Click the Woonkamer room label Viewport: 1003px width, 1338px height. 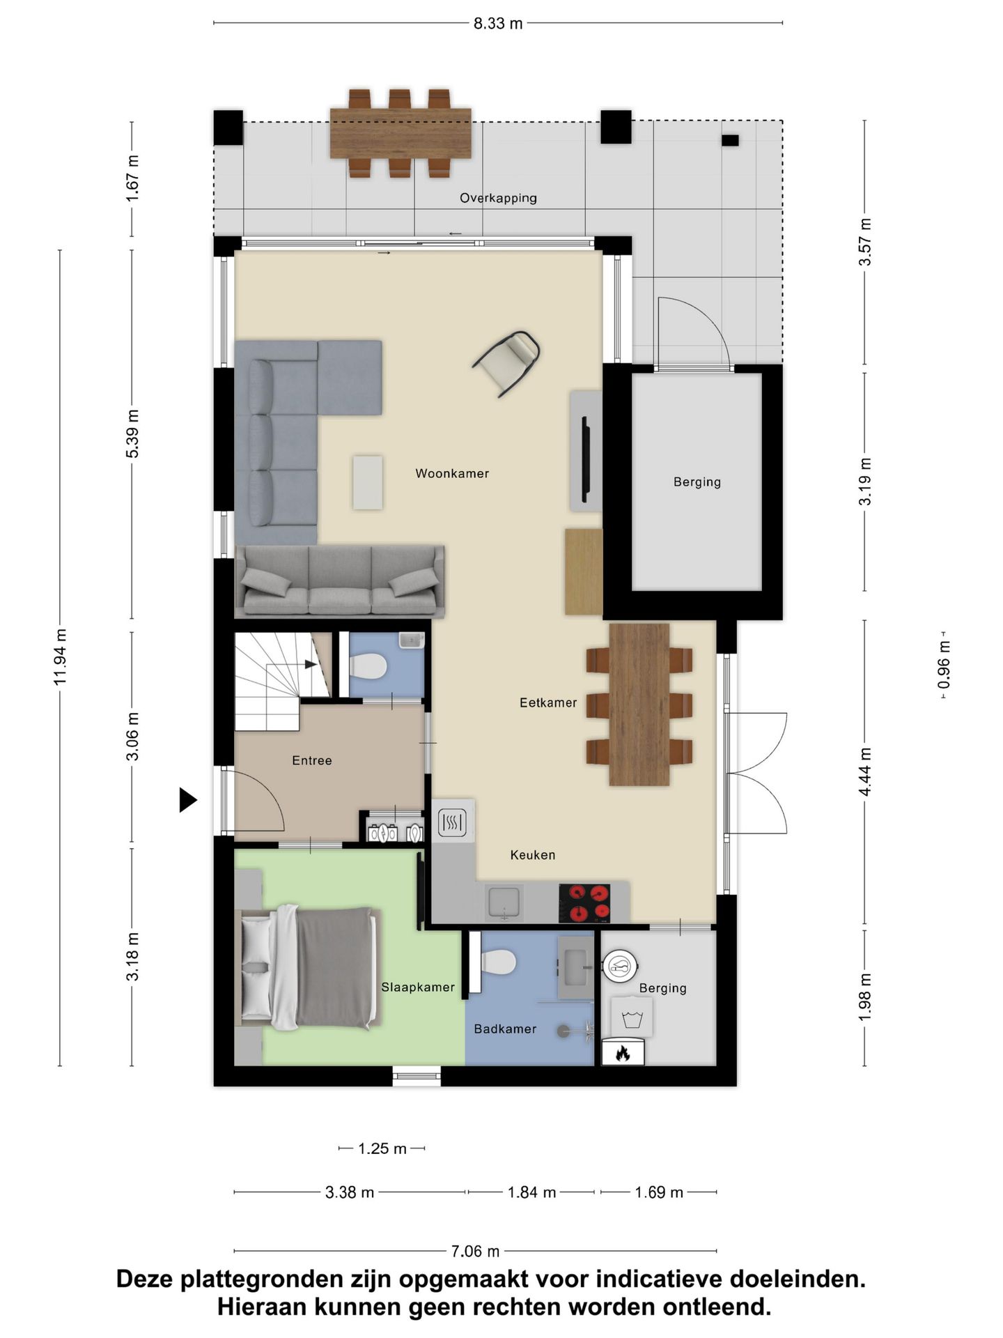coord(452,474)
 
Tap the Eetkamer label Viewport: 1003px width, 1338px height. coord(548,703)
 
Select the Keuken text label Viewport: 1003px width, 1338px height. coord(533,855)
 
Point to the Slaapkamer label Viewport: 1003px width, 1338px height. coord(418,987)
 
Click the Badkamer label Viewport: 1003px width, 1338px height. coord(505,1029)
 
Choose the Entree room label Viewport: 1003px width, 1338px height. coord(312,761)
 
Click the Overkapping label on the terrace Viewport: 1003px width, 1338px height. coord(498,199)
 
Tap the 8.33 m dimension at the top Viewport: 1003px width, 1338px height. coord(498,24)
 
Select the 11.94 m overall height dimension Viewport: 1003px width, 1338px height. coord(61,656)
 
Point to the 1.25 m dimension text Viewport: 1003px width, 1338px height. coord(382,1148)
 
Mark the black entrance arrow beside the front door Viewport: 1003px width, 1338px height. coord(188,799)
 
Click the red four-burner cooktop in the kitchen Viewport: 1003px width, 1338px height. coord(584,903)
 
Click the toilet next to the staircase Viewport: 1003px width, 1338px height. coord(367,666)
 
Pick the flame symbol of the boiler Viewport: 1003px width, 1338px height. coord(623,1053)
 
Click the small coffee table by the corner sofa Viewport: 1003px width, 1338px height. coord(368,482)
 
